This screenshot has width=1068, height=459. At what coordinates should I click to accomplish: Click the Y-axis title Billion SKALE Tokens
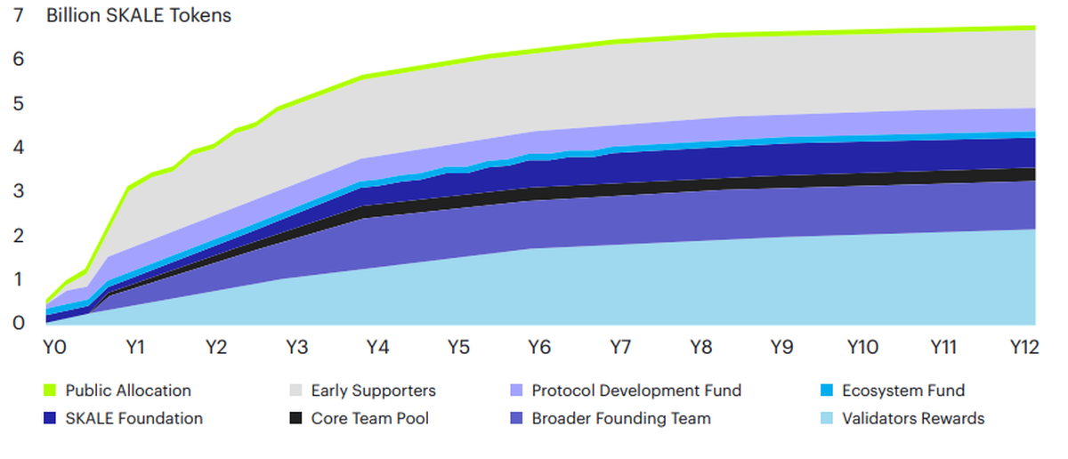click(x=139, y=16)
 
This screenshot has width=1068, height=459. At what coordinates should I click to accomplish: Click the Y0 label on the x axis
click(x=54, y=347)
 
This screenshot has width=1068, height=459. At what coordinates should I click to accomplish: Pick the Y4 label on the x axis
click(x=377, y=347)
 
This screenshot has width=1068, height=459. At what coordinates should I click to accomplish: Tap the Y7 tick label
click(x=619, y=347)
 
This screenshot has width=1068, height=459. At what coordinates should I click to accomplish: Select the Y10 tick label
click(x=862, y=347)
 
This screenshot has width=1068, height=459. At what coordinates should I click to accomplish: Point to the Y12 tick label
click(x=1024, y=347)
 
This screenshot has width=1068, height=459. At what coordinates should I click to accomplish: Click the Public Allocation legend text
click(x=128, y=391)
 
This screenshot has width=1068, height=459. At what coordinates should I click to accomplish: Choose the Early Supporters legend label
click(x=373, y=391)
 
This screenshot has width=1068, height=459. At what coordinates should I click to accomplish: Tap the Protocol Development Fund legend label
click(x=636, y=391)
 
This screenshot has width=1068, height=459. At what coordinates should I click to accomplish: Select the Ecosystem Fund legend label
click(x=902, y=391)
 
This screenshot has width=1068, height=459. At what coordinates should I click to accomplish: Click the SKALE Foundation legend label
click(x=134, y=418)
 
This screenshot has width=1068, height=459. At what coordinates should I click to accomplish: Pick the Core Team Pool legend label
click(x=369, y=418)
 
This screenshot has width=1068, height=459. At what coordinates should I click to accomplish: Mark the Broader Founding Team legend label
click(x=621, y=418)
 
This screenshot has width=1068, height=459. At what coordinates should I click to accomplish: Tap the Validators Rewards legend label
click(x=913, y=418)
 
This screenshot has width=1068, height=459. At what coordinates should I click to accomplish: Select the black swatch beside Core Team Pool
click(x=295, y=418)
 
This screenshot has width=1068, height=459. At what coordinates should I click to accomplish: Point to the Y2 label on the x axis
click(x=215, y=347)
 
